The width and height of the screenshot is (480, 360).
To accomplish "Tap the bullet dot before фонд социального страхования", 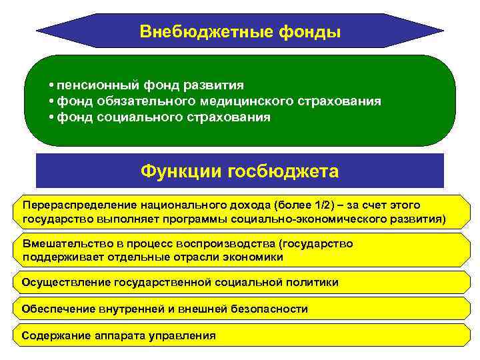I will point(51,117).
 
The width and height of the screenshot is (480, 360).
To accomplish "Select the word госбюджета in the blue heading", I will point(283,171).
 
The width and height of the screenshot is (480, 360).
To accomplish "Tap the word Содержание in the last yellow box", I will point(52,335).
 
